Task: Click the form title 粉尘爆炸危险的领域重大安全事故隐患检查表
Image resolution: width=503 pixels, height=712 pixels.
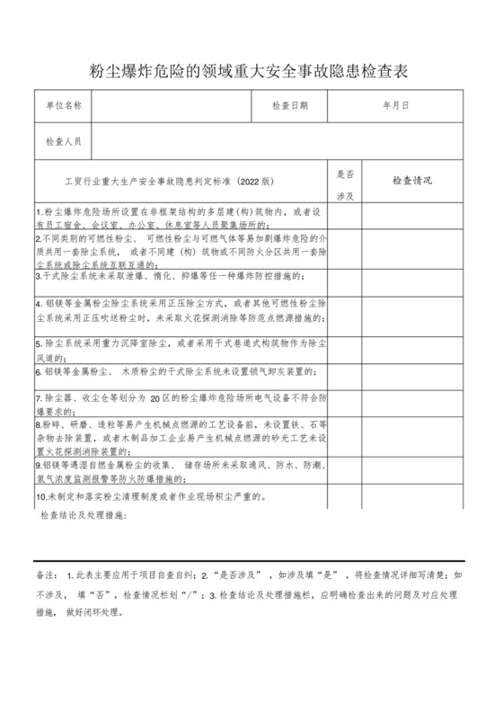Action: pos(251,70)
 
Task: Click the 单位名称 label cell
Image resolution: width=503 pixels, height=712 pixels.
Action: pos(64,106)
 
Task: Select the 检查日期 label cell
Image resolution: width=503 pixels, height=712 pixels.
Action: pos(289,106)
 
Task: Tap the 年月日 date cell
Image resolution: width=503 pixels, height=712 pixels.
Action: pos(395,106)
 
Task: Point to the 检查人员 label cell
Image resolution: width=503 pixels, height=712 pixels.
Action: pos(64,142)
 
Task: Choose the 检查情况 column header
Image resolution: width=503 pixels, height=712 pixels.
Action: pos(412,181)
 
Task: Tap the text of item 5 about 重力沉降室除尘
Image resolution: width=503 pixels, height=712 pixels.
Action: pos(180,349)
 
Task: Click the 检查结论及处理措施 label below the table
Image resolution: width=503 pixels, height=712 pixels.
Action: pos(84,515)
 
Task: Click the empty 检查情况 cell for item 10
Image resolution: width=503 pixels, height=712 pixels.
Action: pos(412,496)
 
